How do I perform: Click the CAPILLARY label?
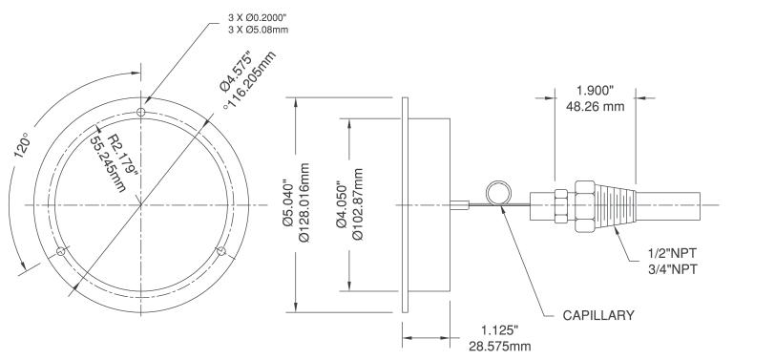[x=598, y=315]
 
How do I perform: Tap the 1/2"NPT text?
[x=672, y=254]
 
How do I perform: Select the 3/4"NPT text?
[x=672, y=269]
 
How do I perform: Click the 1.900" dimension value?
[x=596, y=91]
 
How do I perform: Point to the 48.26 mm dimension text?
[x=596, y=106]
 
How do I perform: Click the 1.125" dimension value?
[x=500, y=329]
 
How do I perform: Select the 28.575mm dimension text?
[x=500, y=346]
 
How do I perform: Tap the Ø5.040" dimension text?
[x=288, y=204]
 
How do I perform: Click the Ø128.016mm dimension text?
[x=304, y=202]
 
